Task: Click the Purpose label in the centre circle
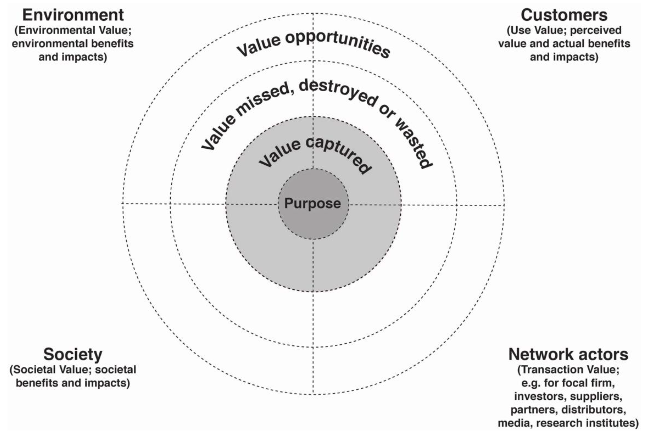click(x=312, y=203)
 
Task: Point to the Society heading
click(x=73, y=354)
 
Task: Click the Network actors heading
click(x=568, y=354)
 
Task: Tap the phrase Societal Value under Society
click(x=52, y=370)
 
